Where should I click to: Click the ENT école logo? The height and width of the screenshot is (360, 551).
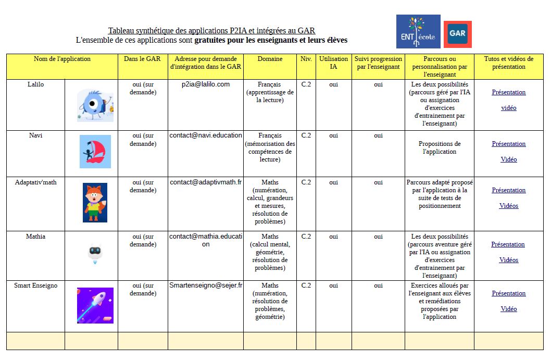[418, 31]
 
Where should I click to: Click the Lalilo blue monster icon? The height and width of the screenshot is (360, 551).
[95, 105]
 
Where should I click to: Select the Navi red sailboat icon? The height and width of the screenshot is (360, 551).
[95, 152]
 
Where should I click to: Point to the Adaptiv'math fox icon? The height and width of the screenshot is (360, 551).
[95, 202]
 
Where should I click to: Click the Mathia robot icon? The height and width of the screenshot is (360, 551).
[95, 253]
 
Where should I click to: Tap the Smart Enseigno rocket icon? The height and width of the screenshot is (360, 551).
[95, 305]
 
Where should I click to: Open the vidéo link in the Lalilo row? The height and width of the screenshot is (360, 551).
[509, 108]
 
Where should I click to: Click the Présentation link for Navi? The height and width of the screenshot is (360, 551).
[509, 144]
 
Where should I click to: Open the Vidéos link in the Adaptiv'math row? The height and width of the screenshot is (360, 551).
[509, 206]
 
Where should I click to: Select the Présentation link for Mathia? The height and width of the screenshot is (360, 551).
[508, 244]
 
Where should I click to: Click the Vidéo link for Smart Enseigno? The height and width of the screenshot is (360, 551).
[509, 309]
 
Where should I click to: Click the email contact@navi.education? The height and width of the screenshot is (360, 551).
[205, 135]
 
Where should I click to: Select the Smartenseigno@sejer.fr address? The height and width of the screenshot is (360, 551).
[206, 285]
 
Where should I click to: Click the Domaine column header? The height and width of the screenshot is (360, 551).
[270, 59]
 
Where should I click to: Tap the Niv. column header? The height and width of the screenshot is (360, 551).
[306, 59]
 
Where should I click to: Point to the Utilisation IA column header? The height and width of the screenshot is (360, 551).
[333, 63]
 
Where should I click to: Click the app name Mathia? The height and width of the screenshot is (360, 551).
[35, 237]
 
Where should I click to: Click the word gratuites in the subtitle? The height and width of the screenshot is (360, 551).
[211, 40]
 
